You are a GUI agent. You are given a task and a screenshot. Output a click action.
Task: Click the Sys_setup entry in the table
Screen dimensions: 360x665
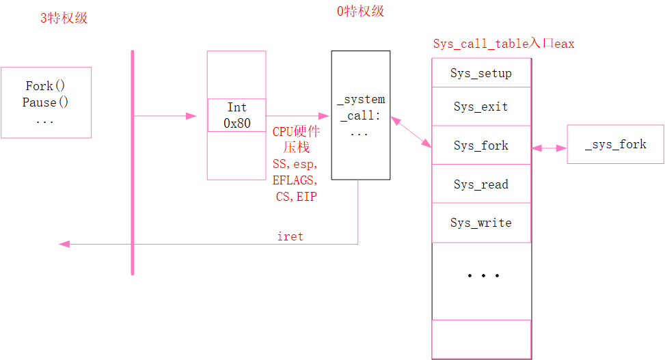pyautogui.click(x=481, y=73)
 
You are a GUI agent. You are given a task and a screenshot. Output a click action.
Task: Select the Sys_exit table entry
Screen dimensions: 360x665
pyautogui.click(x=481, y=107)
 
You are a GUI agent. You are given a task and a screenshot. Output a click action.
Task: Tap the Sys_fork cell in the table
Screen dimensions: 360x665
pyautogui.click(x=481, y=146)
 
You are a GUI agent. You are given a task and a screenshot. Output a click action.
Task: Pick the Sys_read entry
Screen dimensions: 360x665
pyautogui.click(x=481, y=184)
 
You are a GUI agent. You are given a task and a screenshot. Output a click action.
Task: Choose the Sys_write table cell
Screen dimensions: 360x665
pyautogui.click(x=481, y=223)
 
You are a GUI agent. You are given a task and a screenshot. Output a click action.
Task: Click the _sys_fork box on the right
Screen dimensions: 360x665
pyautogui.click(x=615, y=144)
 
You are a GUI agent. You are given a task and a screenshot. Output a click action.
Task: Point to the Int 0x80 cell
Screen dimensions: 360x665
pyautogui.click(x=236, y=115)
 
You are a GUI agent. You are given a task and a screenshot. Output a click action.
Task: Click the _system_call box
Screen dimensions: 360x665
pyautogui.click(x=361, y=115)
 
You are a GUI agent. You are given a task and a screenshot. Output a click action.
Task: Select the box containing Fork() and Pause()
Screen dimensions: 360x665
pyautogui.click(x=46, y=102)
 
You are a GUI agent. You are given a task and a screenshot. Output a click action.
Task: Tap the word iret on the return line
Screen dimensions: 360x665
pyautogui.click(x=290, y=236)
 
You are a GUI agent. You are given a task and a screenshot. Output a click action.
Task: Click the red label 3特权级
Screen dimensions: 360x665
pyautogui.click(x=64, y=18)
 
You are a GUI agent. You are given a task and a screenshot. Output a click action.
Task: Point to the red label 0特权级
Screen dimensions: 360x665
pyautogui.click(x=361, y=12)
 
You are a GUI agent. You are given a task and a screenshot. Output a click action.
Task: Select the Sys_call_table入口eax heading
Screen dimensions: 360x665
pyautogui.click(x=504, y=44)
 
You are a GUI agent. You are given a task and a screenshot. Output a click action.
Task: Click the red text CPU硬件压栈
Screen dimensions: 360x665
pyautogui.click(x=297, y=139)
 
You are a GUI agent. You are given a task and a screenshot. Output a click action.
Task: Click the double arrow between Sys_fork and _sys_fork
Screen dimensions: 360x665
pyautogui.click(x=549, y=148)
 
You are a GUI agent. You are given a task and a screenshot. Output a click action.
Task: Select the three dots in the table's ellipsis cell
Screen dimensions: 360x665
pyautogui.click(x=483, y=276)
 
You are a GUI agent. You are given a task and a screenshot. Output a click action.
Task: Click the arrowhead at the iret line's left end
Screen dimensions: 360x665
pyautogui.click(x=64, y=244)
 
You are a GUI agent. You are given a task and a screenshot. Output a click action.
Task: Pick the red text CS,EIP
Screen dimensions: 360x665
pyautogui.click(x=295, y=197)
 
